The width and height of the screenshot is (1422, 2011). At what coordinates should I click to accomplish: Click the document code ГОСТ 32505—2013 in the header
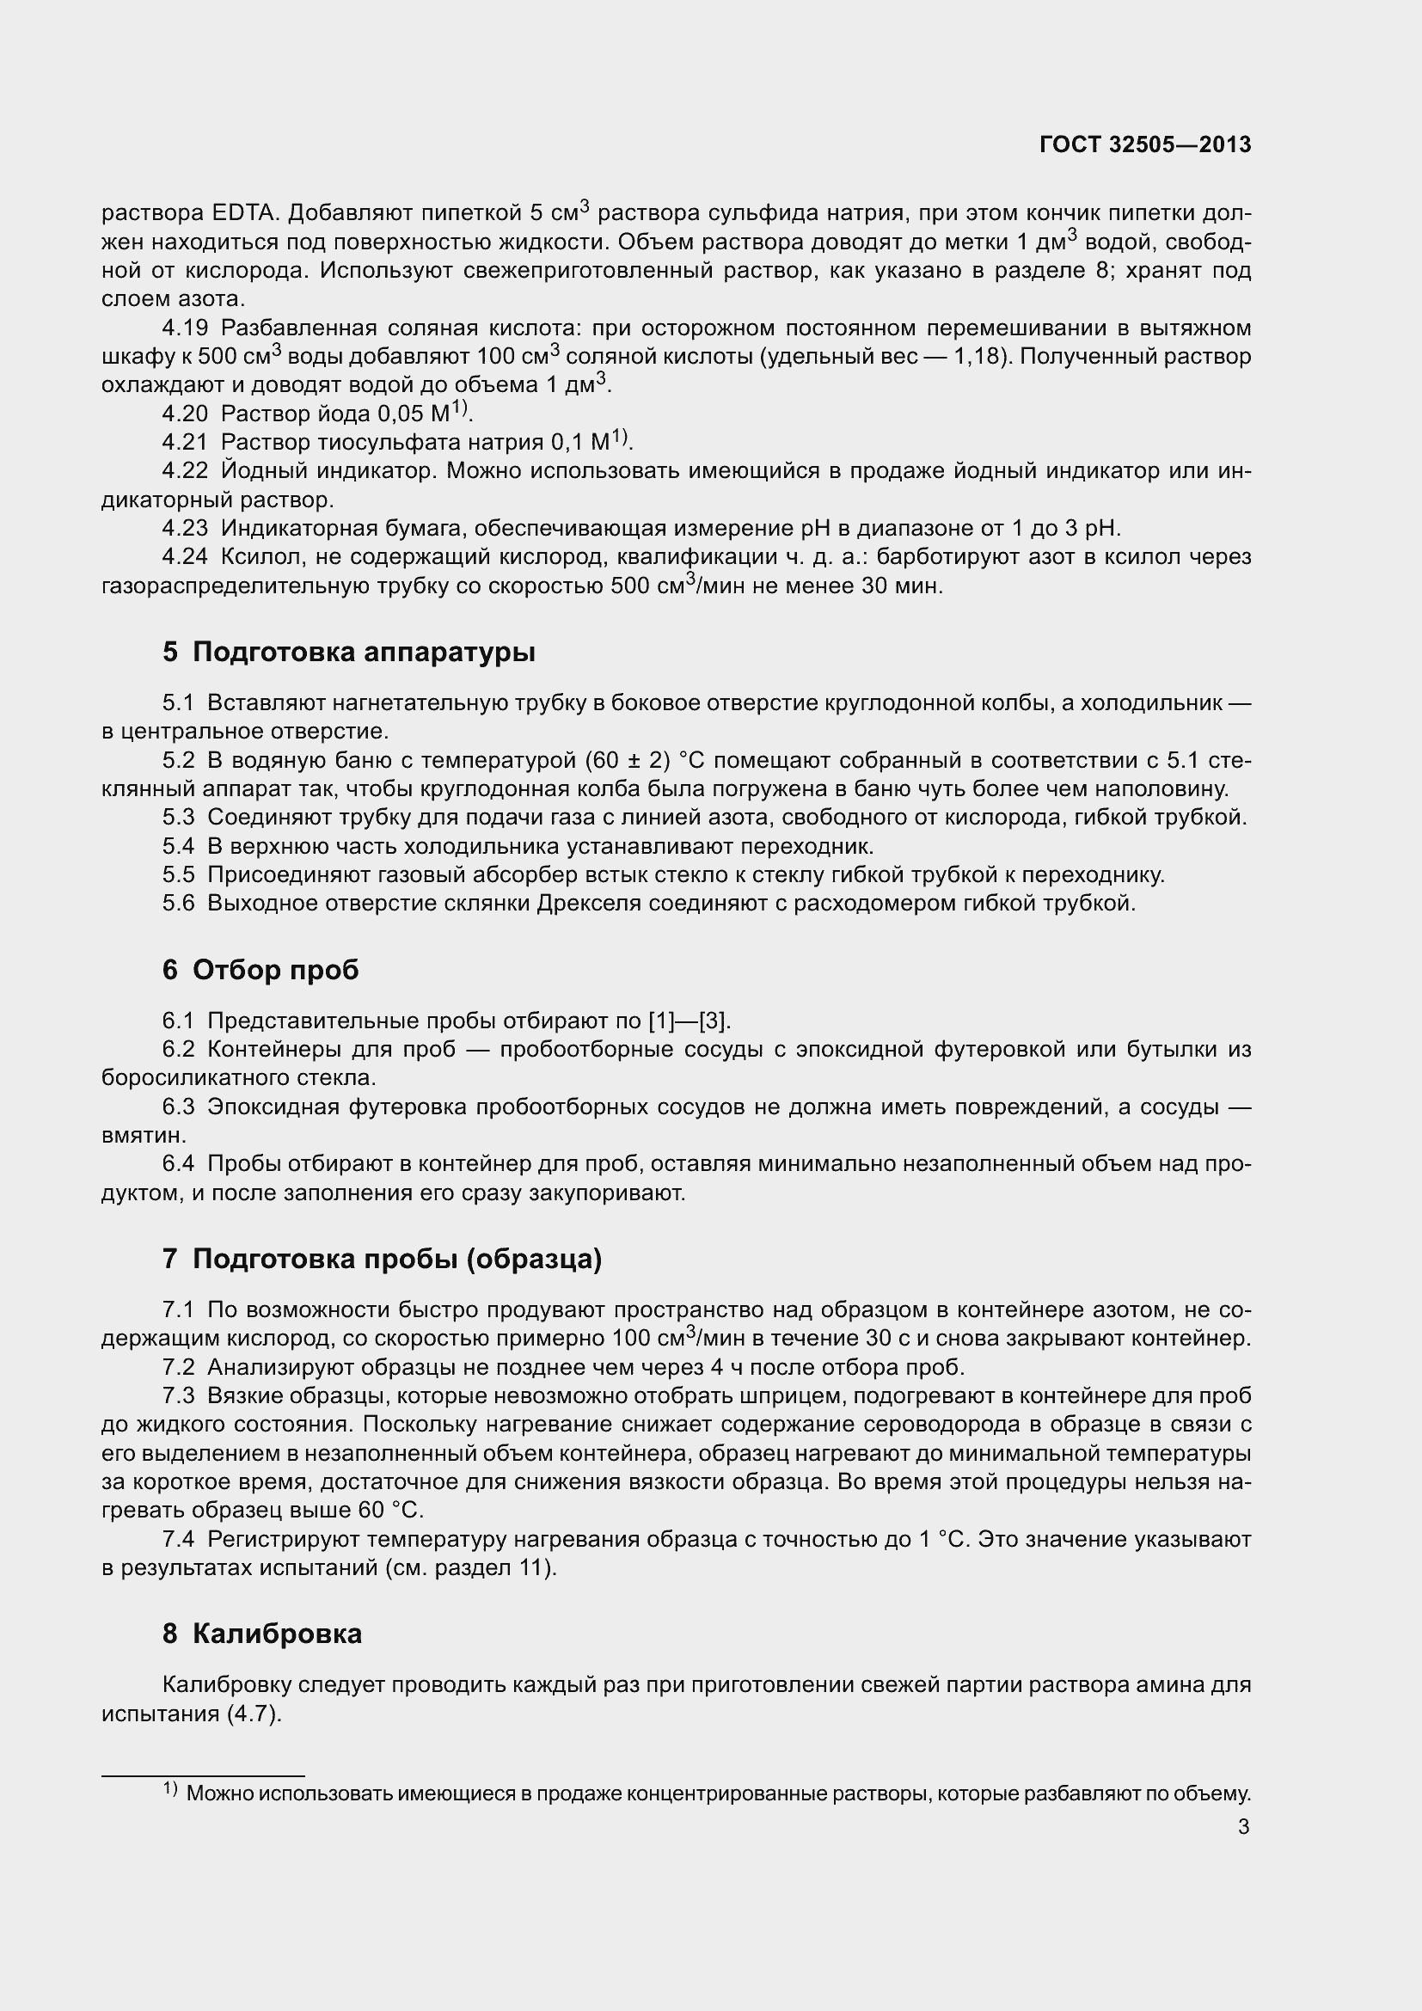pyautogui.click(x=1144, y=144)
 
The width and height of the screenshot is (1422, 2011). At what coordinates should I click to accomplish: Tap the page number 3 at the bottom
pyautogui.click(x=1243, y=1827)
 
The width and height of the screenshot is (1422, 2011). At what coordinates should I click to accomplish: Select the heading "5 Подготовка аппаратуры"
pyautogui.click(x=348, y=653)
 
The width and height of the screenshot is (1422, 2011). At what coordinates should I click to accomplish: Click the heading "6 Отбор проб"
pyautogui.click(x=260, y=970)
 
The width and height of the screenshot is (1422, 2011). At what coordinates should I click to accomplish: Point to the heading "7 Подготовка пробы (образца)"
pyautogui.click(x=382, y=1259)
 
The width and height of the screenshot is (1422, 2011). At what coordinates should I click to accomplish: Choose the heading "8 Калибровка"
pyautogui.click(x=262, y=1634)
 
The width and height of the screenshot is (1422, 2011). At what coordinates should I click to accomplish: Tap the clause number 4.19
pyautogui.click(x=185, y=328)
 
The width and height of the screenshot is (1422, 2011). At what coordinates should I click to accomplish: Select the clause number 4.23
pyautogui.click(x=185, y=528)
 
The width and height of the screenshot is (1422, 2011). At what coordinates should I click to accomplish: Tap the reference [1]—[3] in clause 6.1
pyautogui.click(x=688, y=1021)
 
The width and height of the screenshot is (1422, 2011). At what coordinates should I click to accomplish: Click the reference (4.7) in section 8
pyautogui.click(x=254, y=1714)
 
